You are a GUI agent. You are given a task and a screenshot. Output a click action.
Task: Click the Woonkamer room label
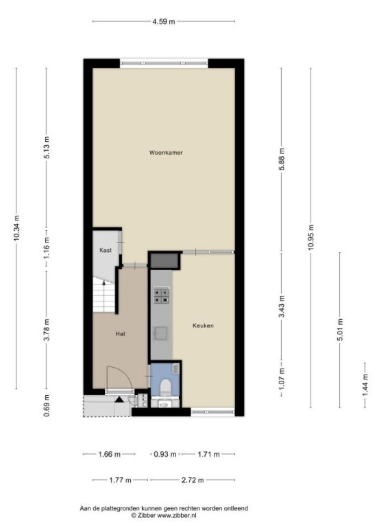(x=166, y=153)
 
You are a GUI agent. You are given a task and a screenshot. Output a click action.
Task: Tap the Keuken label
(x=203, y=326)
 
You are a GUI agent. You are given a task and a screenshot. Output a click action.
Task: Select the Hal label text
(x=120, y=334)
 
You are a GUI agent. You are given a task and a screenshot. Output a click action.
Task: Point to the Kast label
(x=106, y=250)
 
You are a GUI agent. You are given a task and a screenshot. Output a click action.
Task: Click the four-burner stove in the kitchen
(x=162, y=296)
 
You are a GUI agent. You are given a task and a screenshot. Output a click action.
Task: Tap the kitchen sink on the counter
(x=160, y=334)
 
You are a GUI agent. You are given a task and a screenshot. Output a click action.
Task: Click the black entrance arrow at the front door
(x=119, y=399)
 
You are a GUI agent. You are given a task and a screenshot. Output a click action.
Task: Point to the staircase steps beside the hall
(x=104, y=296)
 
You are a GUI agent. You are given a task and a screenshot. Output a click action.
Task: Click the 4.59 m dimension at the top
(x=164, y=22)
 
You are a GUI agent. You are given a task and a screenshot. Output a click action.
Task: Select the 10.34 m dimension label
(x=16, y=228)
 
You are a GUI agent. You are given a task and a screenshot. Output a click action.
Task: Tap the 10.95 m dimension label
(x=311, y=237)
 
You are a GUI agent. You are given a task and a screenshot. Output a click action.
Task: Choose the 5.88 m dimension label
(x=282, y=159)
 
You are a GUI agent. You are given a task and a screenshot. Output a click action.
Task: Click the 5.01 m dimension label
(x=340, y=329)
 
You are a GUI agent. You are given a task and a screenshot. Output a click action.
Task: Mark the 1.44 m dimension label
(x=365, y=385)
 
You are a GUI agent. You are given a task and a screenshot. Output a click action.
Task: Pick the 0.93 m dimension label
(x=165, y=455)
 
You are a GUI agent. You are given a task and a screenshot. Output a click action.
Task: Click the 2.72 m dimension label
(x=193, y=480)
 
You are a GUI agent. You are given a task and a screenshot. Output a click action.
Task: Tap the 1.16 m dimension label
(x=47, y=247)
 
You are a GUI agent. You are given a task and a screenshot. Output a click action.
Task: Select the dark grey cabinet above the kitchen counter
(x=164, y=261)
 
